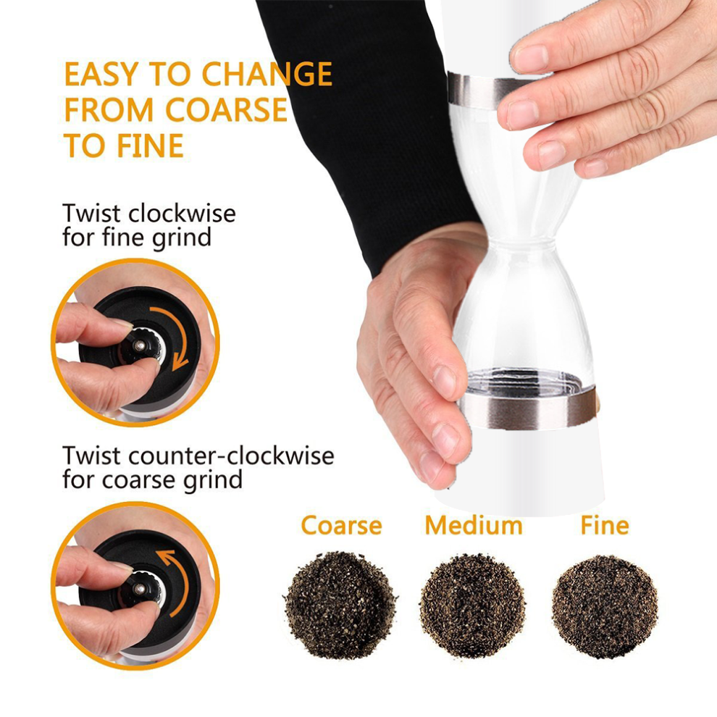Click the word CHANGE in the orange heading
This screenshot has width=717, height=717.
tap(267, 74)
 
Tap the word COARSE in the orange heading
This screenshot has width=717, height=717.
tap(227, 110)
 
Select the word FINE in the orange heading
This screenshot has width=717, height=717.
tap(150, 146)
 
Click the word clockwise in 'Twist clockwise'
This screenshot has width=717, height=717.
tap(182, 214)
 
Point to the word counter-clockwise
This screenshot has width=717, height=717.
tap(231, 456)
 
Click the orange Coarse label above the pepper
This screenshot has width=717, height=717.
tap(342, 525)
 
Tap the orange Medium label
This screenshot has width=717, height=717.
tap(474, 525)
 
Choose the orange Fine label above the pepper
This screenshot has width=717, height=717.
tap(605, 525)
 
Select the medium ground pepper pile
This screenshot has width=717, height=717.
tap(472, 605)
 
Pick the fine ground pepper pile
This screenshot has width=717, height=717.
tap(605, 606)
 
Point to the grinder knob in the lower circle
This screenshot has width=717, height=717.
tap(143, 589)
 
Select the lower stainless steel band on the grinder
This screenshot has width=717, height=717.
tap(527, 408)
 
